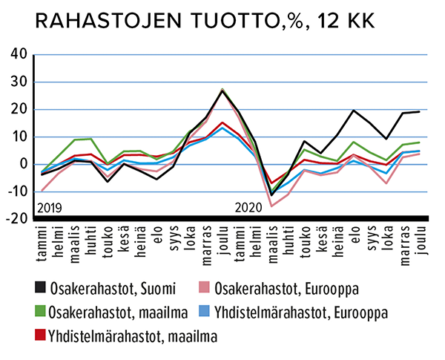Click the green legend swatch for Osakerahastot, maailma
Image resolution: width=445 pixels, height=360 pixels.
coord(42,312)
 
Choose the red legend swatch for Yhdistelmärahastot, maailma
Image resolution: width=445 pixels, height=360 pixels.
coord(42,336)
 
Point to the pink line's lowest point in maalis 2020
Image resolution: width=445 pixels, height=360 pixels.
coord(271,206)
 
